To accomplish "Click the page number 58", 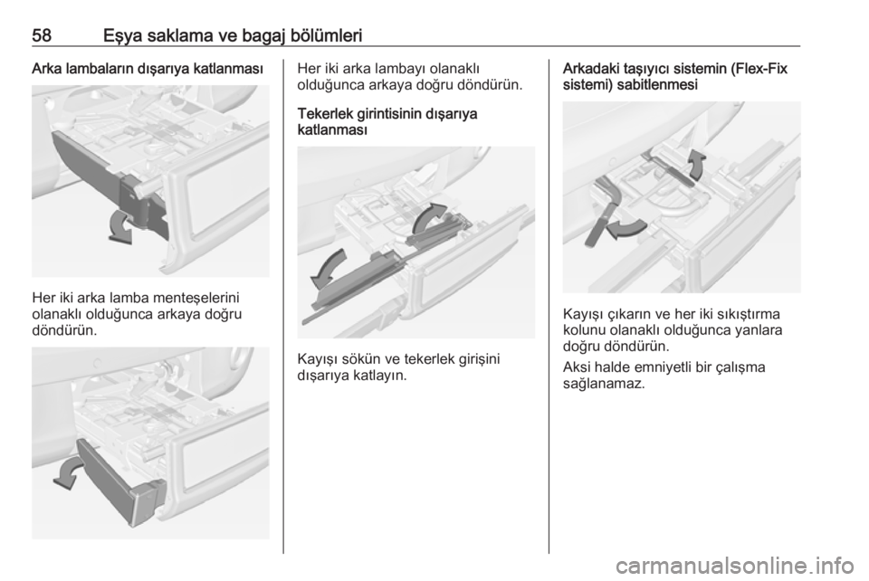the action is point(42,35).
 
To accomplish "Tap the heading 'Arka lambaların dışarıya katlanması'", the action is point(148,70).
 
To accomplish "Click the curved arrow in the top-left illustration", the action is point(120,226).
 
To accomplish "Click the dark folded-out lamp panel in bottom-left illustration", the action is point(119,481).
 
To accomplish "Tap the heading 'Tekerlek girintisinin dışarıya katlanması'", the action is point(387,122).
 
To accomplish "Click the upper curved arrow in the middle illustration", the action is point(429,218).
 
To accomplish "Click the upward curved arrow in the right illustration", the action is point(697,164).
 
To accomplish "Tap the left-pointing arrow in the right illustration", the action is point(626,228).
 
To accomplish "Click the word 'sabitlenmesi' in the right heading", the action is point(657,85).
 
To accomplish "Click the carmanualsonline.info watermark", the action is point(737,566).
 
